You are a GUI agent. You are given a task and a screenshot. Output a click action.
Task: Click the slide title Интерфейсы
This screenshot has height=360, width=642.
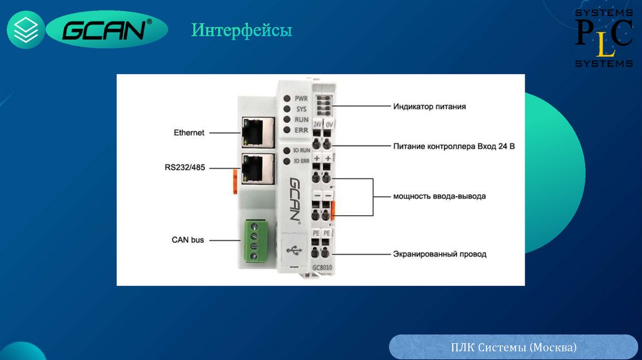coord(241,30)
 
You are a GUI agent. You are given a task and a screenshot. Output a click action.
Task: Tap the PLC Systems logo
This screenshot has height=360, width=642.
coord(604,37)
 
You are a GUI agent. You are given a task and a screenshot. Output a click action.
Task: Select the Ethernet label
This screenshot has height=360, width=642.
coord(189,132)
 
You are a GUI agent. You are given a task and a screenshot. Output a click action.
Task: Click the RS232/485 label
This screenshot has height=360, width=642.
coord(186,167)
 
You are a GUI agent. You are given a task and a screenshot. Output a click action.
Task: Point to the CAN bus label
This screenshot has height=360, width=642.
coord(188,240)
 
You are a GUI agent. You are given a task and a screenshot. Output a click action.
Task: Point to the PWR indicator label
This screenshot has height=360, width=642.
coord(301,98)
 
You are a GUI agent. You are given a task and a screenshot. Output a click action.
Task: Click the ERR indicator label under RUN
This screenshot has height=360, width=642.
coord(301,129)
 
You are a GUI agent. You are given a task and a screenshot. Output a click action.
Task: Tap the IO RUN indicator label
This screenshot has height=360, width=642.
coord(302,151)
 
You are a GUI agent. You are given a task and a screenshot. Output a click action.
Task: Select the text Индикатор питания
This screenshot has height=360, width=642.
coord(429,107)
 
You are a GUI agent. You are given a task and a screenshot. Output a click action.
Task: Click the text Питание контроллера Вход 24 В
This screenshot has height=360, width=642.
coord(455,147)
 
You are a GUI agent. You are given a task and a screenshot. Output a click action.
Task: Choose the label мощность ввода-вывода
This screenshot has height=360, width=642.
coord(439,196)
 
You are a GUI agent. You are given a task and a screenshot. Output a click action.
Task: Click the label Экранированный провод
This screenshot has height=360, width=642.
coord(439,254)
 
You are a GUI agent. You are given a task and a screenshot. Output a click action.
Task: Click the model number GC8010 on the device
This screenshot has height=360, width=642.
coord(322,269)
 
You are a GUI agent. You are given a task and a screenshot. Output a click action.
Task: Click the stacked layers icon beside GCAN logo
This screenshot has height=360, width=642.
coord(26,30)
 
